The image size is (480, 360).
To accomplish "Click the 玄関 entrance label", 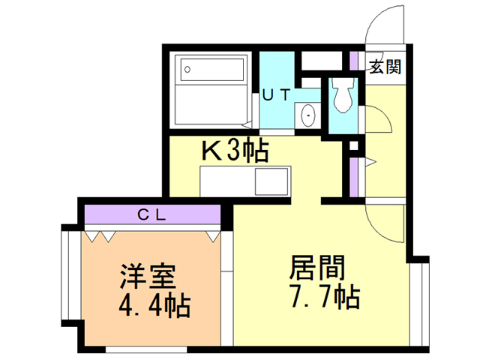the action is (385, 67).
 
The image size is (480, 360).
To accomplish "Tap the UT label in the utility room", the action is (276, 94).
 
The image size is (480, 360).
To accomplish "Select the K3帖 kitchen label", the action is (235, 150).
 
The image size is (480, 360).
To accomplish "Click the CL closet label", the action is (151, 215).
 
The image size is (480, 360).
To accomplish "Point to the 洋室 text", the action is (148, 276).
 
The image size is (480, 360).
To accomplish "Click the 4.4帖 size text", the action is (154, 305).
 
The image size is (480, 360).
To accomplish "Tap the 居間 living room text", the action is (317, 267).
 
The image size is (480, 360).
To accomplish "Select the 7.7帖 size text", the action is (325, 296).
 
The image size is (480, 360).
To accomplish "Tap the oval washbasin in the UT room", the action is (308, 115).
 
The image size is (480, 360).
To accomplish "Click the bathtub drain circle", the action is (187, 70).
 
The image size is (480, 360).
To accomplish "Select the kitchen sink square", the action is (271, 181).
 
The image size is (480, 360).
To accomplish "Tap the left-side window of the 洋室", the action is (67, 275).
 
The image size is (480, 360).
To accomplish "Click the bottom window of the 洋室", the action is (146, 349).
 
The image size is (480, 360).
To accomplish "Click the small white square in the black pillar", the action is (353, 145).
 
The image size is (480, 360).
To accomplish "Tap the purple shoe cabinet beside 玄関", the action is (354, 61).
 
